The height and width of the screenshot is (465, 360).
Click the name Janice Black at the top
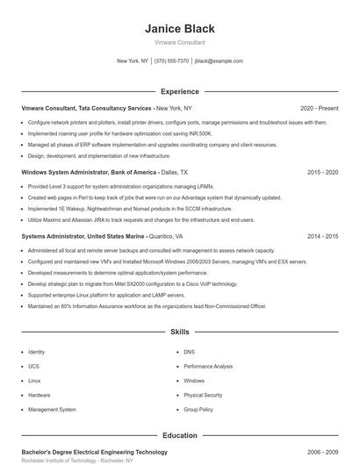(180, 29)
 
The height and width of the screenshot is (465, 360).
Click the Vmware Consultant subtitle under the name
(180, 42)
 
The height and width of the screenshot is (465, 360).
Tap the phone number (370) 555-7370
(171, 61)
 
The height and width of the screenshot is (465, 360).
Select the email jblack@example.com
(219, 61)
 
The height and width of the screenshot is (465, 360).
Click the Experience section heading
(180, 91)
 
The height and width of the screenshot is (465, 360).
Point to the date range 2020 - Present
(319, 108)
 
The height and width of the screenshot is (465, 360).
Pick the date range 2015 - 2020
(322, 173)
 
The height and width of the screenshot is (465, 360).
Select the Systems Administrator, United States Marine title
(84, 237)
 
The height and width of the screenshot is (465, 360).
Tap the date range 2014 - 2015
(322, 237)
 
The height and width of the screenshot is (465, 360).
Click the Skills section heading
(180, 333)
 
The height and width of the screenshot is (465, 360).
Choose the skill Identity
(37, 352)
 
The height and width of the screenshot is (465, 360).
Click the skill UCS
(33, 366)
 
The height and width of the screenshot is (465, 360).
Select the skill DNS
(189, 352)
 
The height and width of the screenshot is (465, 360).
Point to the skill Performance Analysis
(208, 366)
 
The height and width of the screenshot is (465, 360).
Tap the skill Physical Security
(203, 395)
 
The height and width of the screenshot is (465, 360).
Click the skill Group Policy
(198, 410)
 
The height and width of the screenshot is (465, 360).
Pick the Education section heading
(180, 435)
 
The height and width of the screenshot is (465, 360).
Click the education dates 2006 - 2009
(322, 452)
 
